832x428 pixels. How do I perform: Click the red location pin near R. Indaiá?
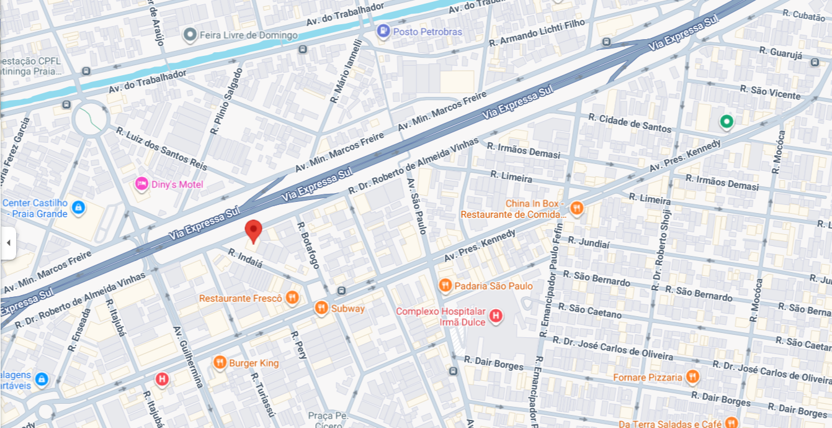[x=253, y=231]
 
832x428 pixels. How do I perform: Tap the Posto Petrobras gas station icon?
[x=383, y=31]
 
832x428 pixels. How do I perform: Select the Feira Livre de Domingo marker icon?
[x=190, y=35]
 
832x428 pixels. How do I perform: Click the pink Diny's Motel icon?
[x=141, y=184]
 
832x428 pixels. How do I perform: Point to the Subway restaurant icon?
[x=321, y=307]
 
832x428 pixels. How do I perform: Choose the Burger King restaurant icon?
[x=219, y=363]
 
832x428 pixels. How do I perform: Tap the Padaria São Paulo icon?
[x=445, y=286]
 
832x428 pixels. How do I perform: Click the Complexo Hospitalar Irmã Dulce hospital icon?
[x=496, y=316]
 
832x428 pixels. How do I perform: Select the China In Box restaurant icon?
[x=577, y=209]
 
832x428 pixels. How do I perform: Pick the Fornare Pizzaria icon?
[x=692, y=377]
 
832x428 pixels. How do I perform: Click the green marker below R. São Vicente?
[x=726, y=122]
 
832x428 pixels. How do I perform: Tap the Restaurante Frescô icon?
[x=292, y=298]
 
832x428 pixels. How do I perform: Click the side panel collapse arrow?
[x=8, y=243]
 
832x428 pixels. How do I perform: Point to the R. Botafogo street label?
[x=308, y=245]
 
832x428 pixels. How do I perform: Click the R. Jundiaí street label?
[x=589, y=242]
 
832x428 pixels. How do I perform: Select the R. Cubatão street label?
[x=803, y=14]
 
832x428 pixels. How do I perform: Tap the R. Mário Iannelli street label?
[x=346, y=71]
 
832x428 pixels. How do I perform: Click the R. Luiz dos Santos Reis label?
[x=161, y=148]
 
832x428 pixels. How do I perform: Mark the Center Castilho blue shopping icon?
[x=78, y=207]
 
